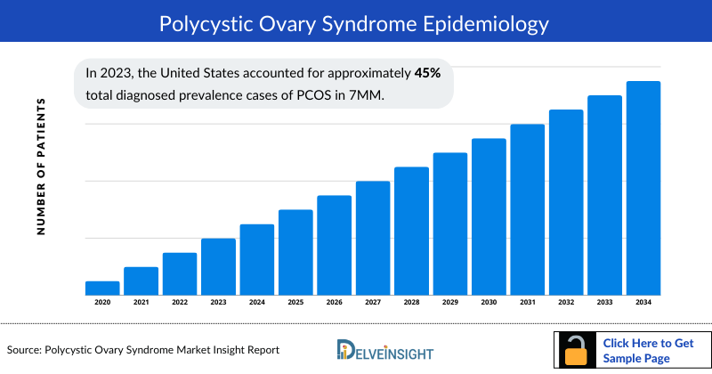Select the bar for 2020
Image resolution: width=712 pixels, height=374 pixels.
tap(102, 288)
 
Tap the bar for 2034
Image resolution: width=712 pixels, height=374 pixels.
tap(643, 188)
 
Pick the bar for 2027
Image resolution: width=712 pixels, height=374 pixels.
tap(373, 238)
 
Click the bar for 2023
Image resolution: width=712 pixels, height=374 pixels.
tap(218, 266)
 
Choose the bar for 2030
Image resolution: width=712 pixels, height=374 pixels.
tap(489, 216)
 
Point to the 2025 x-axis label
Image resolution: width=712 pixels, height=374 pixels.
tap(295, 303)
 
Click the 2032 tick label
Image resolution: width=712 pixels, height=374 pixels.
tap(566, 303)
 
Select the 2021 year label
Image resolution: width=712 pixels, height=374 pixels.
tap(141, 303)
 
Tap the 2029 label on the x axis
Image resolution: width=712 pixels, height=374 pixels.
tap(450, 303)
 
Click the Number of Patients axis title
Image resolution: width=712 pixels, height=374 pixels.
tap(41, 167)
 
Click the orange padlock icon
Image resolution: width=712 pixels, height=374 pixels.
tap(577, 352)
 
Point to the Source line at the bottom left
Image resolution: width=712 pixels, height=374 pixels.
tap(142, 350)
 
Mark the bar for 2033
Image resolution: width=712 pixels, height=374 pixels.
tap(604, 195)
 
